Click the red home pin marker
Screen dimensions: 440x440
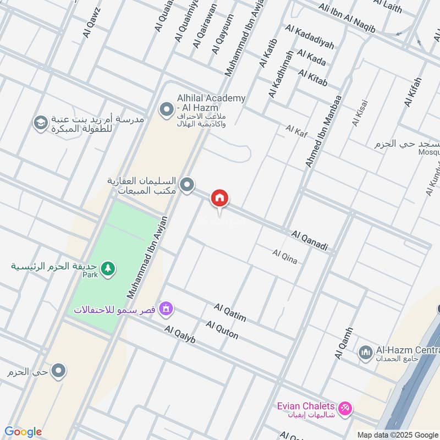tap(220, 199)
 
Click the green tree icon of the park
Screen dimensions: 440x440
tap(108, 268)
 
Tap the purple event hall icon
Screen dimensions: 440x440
tap(165, 310)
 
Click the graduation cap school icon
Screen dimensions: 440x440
tap(40, 123)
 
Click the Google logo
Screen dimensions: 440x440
tap(23, 432)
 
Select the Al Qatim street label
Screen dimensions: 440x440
tap(230, 312)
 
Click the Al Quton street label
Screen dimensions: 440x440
tap(222, 330)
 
